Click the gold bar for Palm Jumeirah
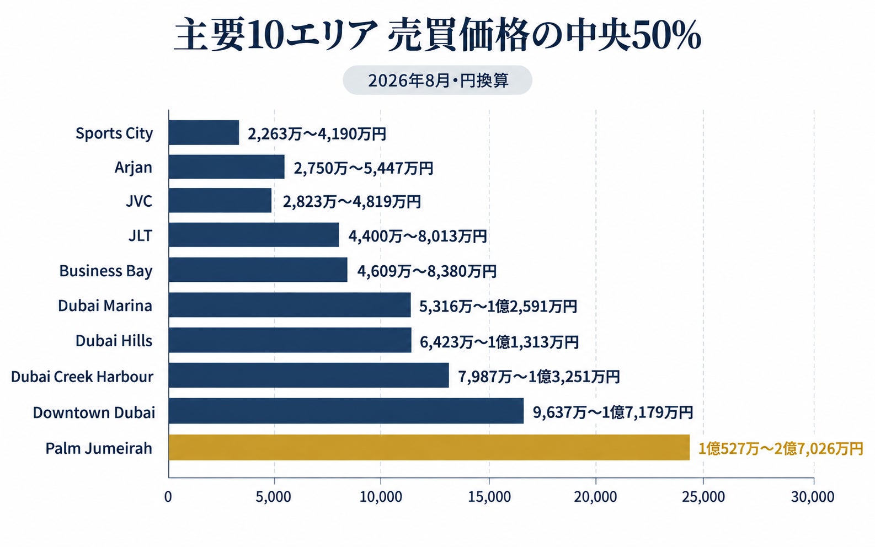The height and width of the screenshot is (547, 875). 429,447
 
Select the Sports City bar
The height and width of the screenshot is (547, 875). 204,133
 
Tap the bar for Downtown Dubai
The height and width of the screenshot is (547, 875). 346,411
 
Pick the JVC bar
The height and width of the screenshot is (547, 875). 220,201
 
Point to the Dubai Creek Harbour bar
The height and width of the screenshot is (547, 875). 309,376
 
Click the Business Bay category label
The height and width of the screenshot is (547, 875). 106,271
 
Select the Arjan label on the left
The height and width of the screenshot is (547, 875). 133,168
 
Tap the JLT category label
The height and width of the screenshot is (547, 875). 140,235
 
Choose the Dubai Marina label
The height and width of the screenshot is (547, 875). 105,305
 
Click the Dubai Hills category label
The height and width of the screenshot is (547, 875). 114,340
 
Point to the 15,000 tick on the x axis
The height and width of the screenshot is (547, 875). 489,497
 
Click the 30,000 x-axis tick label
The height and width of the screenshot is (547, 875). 813,497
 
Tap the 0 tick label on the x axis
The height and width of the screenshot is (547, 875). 168,497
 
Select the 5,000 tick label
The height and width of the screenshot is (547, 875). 274,497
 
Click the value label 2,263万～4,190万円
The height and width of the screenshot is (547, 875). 317,134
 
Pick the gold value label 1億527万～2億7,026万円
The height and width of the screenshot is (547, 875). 781,449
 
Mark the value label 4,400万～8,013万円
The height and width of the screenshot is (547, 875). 418,236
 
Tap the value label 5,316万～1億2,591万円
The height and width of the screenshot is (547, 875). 498,307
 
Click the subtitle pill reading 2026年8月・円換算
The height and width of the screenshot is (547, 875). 437,81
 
